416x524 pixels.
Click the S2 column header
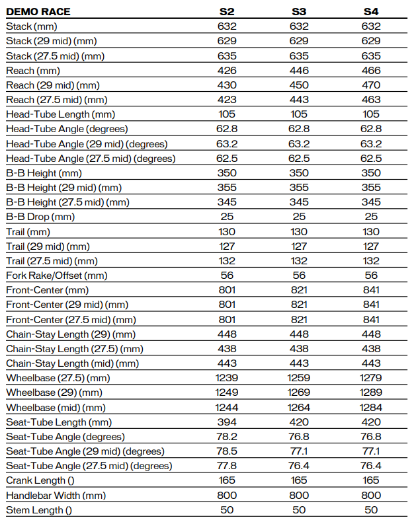pyautogui.click(x=227, y=12)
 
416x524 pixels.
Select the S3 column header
pyautogui.click(x=299, y=12)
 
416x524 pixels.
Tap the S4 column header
pyautogui.click(x=371, y=12)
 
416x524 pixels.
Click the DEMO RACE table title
pyautogui.click(x=38, y=12)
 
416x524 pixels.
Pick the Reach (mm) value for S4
pyautogui.click(x=371, y=70)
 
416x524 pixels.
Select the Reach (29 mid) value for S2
pyautogui.click(x=227, y=85)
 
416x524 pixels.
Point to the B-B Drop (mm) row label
pyautogui.click(x=40, y=217)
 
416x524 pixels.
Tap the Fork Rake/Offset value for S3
pyautogui.click(x=299, y=276)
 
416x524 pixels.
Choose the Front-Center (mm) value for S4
pyautogui.click(x=371, y=290)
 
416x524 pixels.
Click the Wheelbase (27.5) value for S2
pyautogui.click(x=227, y=378)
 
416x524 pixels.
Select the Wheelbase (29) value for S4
pyautogui.click(x=371, y=393)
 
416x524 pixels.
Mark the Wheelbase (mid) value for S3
pyautogui.click(x=299, y=407)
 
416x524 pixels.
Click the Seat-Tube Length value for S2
pyautogui.click(x=227, y=422)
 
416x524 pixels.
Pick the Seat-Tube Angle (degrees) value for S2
pyautogui.click(x=227, y=436)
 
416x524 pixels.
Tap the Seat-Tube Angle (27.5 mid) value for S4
pyautogui.click(x=371, y=466)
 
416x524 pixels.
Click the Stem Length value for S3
pyautogui.click(x=299, y=509)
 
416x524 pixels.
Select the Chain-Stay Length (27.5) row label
pyautogui.click(x=74, y=348)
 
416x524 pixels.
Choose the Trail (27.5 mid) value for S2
pyautogui.click(x=227, y=261)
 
